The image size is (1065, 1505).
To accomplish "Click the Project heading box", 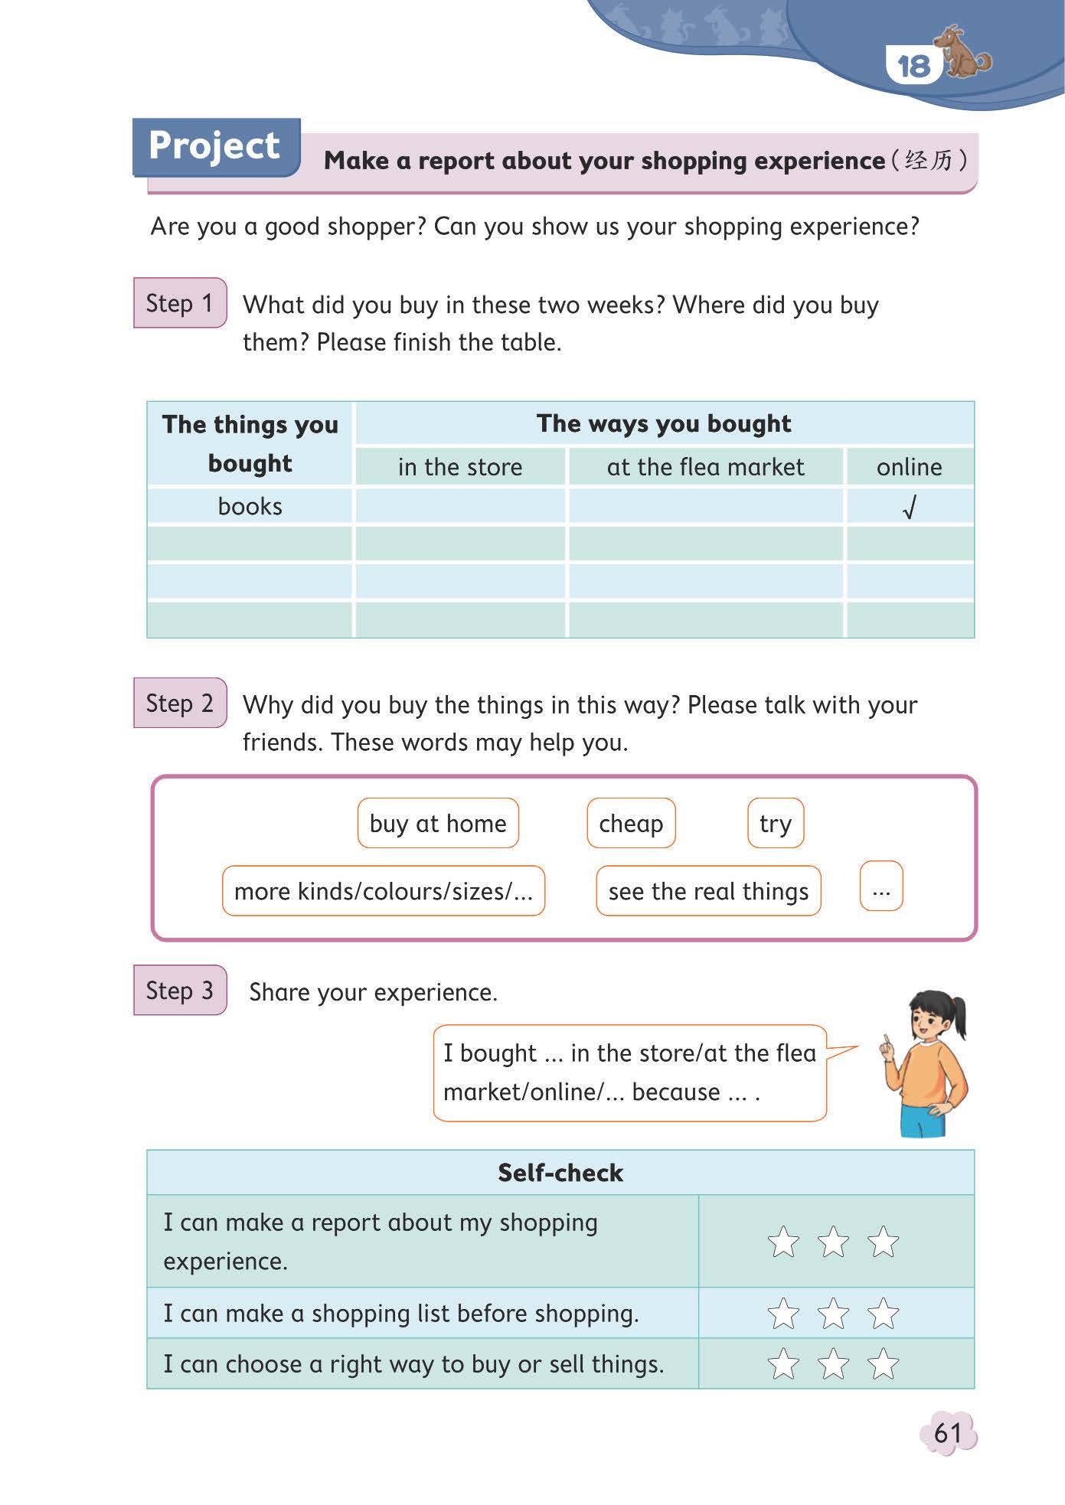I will (x=215, y=146).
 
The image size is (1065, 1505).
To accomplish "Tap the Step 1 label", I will (x=179, y=303).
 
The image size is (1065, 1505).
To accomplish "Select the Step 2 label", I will (x=179, y=703).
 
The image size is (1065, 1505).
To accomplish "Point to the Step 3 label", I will (x=179, y=990).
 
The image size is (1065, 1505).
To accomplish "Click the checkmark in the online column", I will (x=909, y=507).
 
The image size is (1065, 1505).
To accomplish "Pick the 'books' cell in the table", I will (x=250, y=506).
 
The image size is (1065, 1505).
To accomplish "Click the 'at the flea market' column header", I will (x=705, y=467).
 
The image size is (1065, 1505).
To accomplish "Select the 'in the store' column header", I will (x=459, y=467).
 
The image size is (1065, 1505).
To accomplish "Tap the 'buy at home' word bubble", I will (x=438, y=824).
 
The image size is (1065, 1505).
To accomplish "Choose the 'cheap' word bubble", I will (x=631, y=824).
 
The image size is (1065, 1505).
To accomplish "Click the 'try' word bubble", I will (x=775, y=824).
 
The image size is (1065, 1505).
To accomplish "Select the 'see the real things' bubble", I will (x=708, y=891).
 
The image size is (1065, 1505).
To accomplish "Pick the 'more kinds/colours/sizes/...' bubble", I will (x=383, y=891).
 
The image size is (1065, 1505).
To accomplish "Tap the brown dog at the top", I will (x=966, y=54).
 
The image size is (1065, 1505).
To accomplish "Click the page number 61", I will (x=948, y=1432).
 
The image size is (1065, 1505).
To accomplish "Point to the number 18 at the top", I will (x=913, y=66).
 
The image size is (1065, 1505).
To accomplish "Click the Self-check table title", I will (x=560, y=1173).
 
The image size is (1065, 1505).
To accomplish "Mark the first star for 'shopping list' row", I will (x=783, y=1314).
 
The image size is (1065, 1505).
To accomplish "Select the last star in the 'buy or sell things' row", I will (x=883, y=1364).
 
